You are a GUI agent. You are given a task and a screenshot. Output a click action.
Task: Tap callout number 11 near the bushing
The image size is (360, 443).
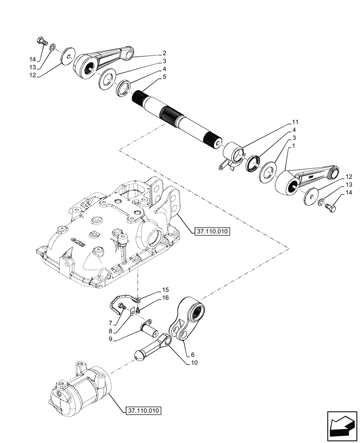coord(295,122)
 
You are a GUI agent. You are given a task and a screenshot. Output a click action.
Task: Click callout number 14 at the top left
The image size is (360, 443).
coord(32,59)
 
